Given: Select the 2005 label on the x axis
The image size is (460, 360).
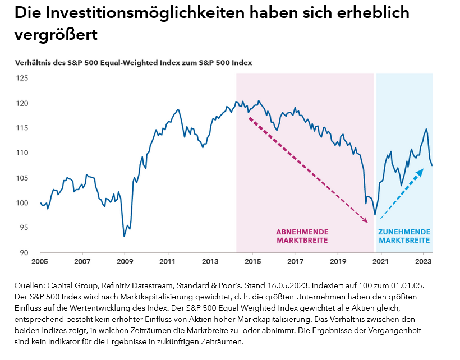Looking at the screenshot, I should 40,262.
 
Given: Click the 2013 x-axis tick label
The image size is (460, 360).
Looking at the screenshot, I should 210,262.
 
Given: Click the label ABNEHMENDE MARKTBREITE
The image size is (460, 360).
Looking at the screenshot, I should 302,236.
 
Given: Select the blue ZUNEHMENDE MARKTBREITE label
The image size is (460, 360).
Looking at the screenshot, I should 404,236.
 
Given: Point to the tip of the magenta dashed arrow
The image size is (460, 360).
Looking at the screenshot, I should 367,223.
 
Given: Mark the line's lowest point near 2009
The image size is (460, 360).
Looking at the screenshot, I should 124,236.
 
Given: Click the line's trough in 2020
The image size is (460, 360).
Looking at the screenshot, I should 375,215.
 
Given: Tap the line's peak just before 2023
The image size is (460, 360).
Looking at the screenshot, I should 426,129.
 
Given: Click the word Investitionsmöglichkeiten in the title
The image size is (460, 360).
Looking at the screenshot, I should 146,13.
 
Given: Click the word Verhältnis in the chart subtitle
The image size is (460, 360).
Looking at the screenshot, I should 34,63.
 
